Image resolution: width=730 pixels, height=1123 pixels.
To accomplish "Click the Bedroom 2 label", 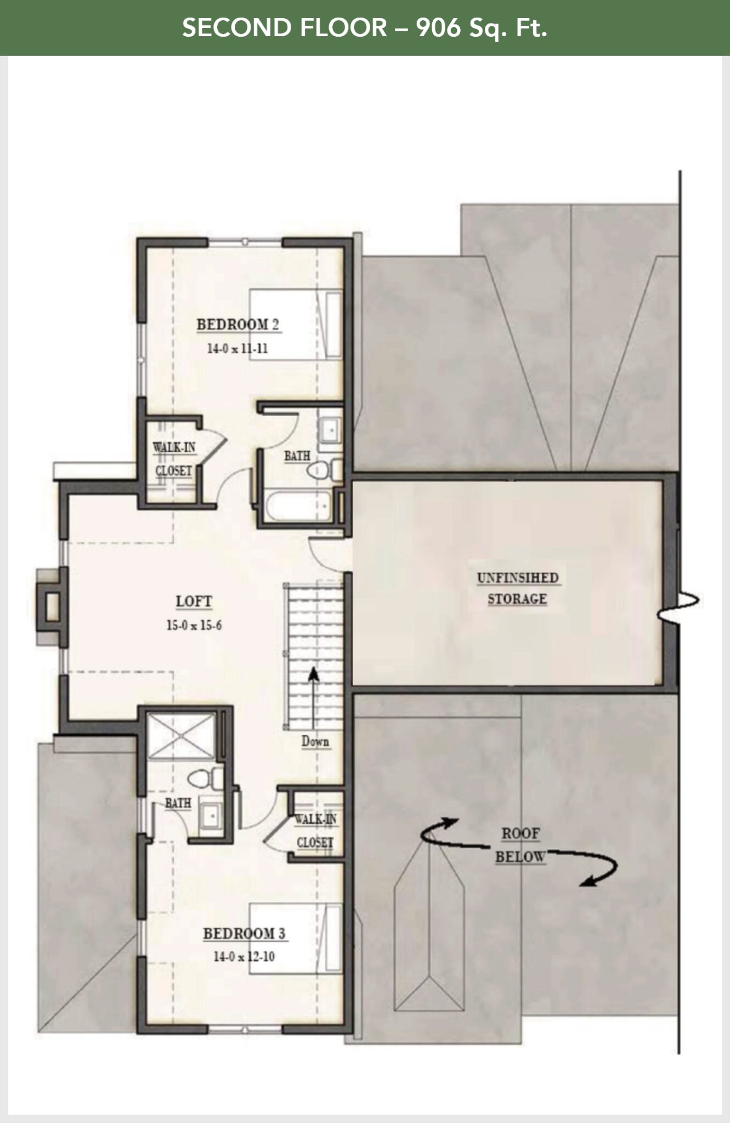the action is pyautogui.click(x=238, y=324).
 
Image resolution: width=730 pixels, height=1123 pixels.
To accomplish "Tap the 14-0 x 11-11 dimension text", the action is pyautogui.click(x=237, y=348).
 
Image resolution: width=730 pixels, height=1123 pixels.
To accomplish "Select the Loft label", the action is pyautogui.click(x=194, y=602).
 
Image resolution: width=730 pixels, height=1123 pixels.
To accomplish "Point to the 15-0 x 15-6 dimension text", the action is pyautogui.click(x=194, y=625).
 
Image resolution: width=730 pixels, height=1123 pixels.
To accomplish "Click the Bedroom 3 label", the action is pyautogui.click(x=245, y=933).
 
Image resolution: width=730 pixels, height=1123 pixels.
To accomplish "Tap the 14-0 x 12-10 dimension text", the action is pyautogui.click(x=244, y=957).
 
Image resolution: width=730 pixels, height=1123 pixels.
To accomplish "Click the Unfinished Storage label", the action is pyautogui.click(x=517, y=588).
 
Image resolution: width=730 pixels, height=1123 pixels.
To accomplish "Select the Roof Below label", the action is pyautogui.click(x=520, y=845).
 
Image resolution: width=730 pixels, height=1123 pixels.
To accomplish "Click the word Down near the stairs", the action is pyautogui.click(x=315, y=742).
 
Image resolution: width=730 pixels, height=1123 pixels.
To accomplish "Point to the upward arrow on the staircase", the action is pyautogui.click(x=313, y=699).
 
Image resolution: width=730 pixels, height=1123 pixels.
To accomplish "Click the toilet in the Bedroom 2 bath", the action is pyautogui.click(x=324, y=469).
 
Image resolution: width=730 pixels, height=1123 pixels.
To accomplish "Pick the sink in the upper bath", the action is pyautogui.click(x=331, y=429).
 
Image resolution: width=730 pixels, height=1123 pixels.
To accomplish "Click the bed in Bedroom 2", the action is pyautogui.click(x=296, y=325).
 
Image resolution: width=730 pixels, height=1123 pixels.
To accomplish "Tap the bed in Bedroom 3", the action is pyautogui.click(x=296, y=939).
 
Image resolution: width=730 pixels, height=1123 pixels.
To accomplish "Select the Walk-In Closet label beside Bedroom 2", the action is pyautogui.click(x=173, y=459).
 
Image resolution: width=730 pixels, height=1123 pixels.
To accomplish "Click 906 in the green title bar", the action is pyautogui.click(x=439, y=27).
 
